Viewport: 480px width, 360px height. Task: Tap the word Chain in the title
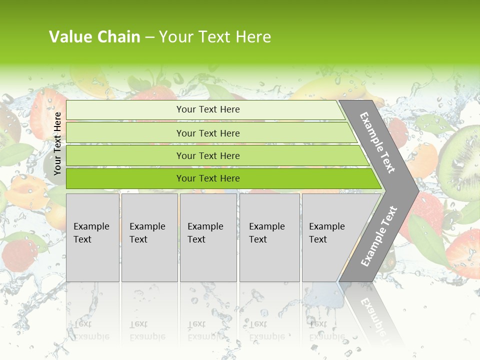point(118,36)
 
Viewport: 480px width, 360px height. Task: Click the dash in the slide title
point(149,37)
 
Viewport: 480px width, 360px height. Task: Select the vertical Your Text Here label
point(57,143)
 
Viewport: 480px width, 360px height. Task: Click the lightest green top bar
point(207,109)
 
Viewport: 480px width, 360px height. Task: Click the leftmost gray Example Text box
point(92,237)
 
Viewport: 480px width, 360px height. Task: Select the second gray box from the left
point(149,237)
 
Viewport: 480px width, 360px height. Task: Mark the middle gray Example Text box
point(208,237)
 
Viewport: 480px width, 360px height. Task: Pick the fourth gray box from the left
point(269,237)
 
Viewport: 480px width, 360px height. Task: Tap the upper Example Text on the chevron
point(377,142)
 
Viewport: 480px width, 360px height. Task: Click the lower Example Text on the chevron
point(379,236)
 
